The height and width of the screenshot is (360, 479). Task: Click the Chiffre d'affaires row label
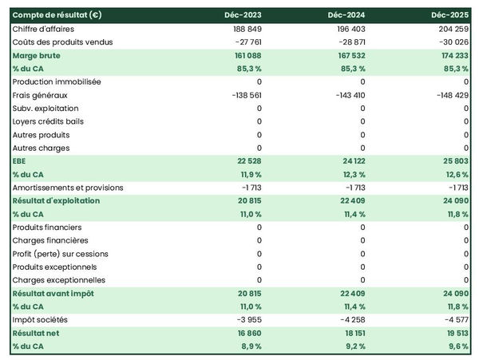45,29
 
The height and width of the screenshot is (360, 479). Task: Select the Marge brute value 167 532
349,56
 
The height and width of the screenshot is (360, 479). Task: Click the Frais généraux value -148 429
451,95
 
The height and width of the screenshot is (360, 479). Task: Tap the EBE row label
21,161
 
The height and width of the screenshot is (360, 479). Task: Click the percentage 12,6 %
456,175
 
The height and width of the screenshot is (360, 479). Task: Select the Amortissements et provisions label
67,188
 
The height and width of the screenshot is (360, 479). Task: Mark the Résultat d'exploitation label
57,201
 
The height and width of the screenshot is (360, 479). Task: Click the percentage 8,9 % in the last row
251,346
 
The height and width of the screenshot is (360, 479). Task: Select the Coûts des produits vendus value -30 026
453,42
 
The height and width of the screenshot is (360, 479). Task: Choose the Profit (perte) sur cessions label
61,254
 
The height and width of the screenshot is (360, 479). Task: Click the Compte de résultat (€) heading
56,15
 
